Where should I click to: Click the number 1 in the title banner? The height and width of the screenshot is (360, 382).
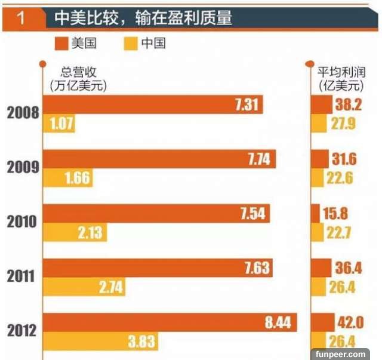pyautogui.click(x=21, y=19)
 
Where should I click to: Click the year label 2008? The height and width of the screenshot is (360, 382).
pyautogui.click(x=23, y=113)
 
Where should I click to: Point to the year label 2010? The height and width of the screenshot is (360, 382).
pyautogui.click(x=23, y=222)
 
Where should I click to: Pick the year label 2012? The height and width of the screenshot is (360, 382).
pyautogui.click(x=23, y=330)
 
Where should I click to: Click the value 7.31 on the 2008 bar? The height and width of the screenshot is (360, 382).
pyautogui.click(x=246, y=104)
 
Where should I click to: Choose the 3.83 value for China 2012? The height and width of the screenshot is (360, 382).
pyautogui.click(x=142, y=341)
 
